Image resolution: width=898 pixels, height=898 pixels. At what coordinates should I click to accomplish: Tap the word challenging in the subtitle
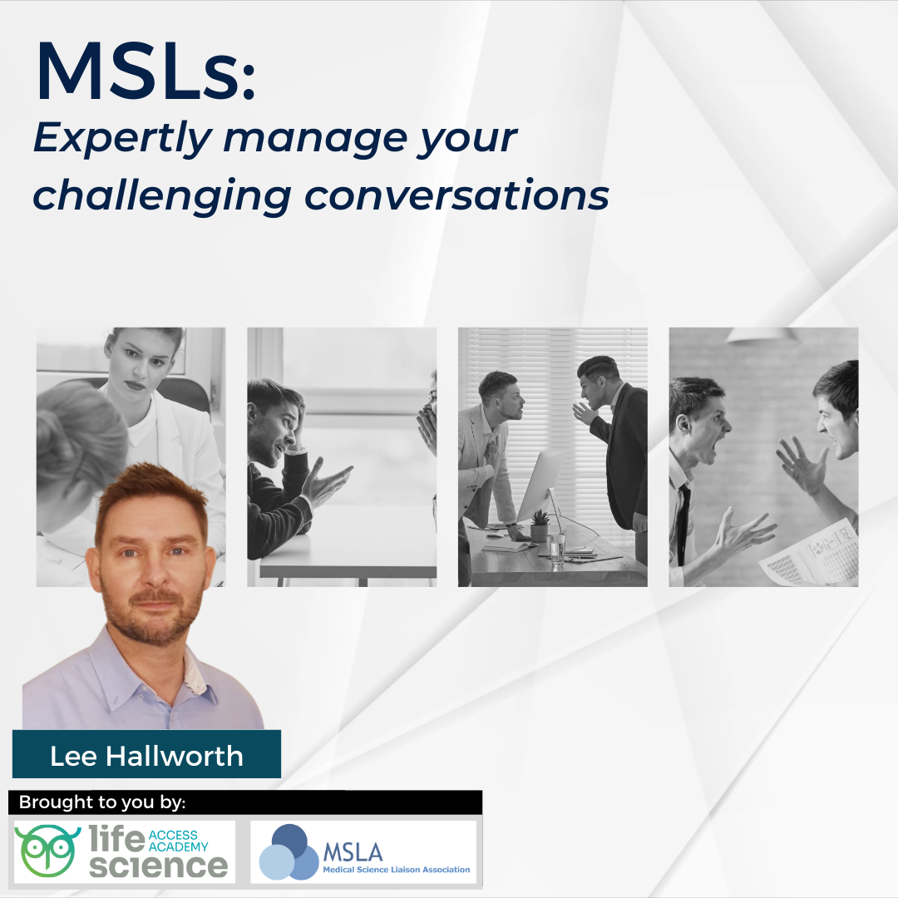161,196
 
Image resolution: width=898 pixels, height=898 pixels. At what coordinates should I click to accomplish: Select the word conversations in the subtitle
456,195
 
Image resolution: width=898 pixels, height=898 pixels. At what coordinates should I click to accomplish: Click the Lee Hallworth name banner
146,755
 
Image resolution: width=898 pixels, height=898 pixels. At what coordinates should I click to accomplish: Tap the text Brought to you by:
102,802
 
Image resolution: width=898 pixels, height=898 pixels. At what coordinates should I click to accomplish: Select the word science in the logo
158,865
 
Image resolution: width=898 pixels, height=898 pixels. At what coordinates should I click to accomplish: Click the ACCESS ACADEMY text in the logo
178,841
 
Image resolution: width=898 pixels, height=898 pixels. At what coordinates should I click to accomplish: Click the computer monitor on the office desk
539,490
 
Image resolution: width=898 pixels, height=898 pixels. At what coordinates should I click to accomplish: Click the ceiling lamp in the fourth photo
762,334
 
